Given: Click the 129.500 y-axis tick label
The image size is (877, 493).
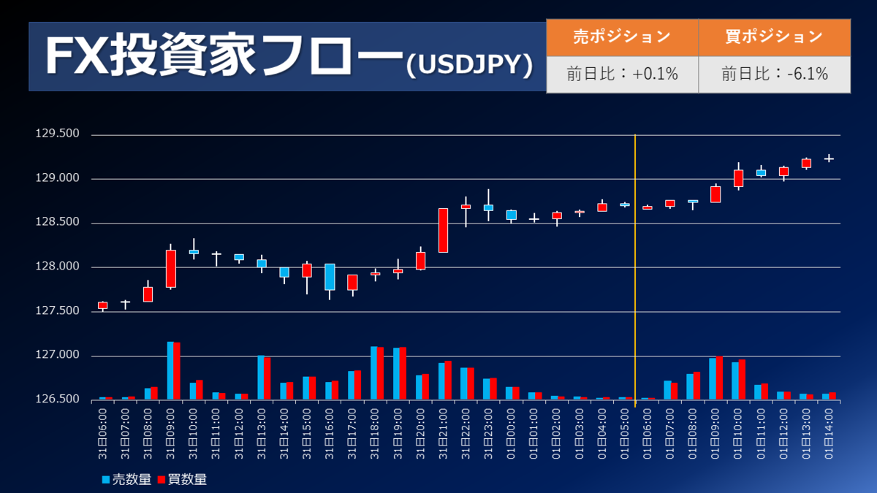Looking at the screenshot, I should coord(57,134).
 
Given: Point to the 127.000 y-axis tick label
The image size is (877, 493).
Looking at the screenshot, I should coord(57,356).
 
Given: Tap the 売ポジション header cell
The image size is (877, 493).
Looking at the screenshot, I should coord(622,37).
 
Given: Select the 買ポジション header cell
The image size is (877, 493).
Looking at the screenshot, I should coord(774,37).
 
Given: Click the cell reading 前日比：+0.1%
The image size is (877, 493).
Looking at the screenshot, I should coord(622,74).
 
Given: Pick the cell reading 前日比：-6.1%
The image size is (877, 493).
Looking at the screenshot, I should coord(774,74).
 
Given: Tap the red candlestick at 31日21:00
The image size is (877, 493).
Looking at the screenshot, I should coord(443,230).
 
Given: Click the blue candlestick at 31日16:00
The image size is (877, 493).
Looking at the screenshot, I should coord(330,277).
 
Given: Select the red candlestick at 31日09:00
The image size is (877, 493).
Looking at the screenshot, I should coord(171,269).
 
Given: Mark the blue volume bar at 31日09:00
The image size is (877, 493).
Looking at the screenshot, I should coord(170,370).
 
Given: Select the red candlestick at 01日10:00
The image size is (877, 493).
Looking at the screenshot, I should coord(738,178).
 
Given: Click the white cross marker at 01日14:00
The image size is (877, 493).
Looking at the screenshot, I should coord(829,158).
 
